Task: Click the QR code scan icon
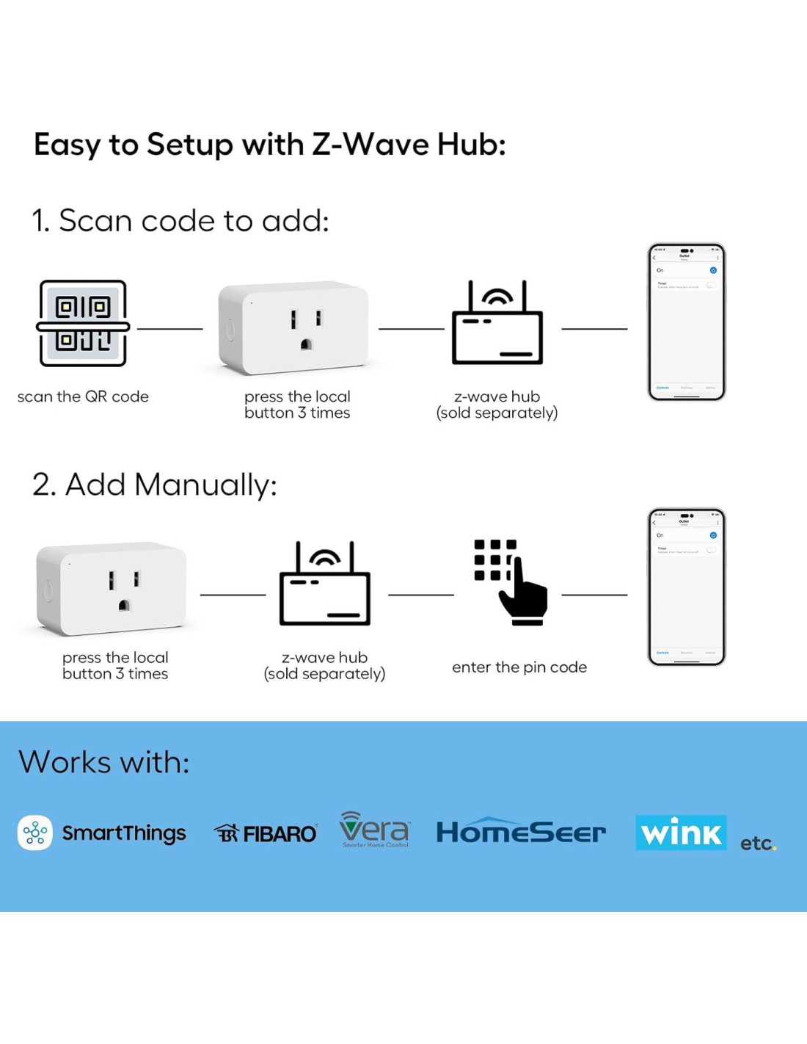[83, 323]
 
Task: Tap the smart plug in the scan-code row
[293, 327]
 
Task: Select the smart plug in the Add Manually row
[112, 589]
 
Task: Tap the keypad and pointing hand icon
[511, 582]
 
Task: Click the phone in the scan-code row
[686, 322]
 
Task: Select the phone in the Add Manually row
[686, 587]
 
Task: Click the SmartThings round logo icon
[35, 833]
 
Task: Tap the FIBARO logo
[266, 833]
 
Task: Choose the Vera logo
[374, 830]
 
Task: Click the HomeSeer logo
[521, 832]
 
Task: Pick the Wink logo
[681, 833]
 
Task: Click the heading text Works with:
[104, 762]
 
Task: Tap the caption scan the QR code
[83, 396]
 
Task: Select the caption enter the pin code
[519, 667]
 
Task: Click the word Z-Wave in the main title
[370, 144]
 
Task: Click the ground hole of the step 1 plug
[306, 344]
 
